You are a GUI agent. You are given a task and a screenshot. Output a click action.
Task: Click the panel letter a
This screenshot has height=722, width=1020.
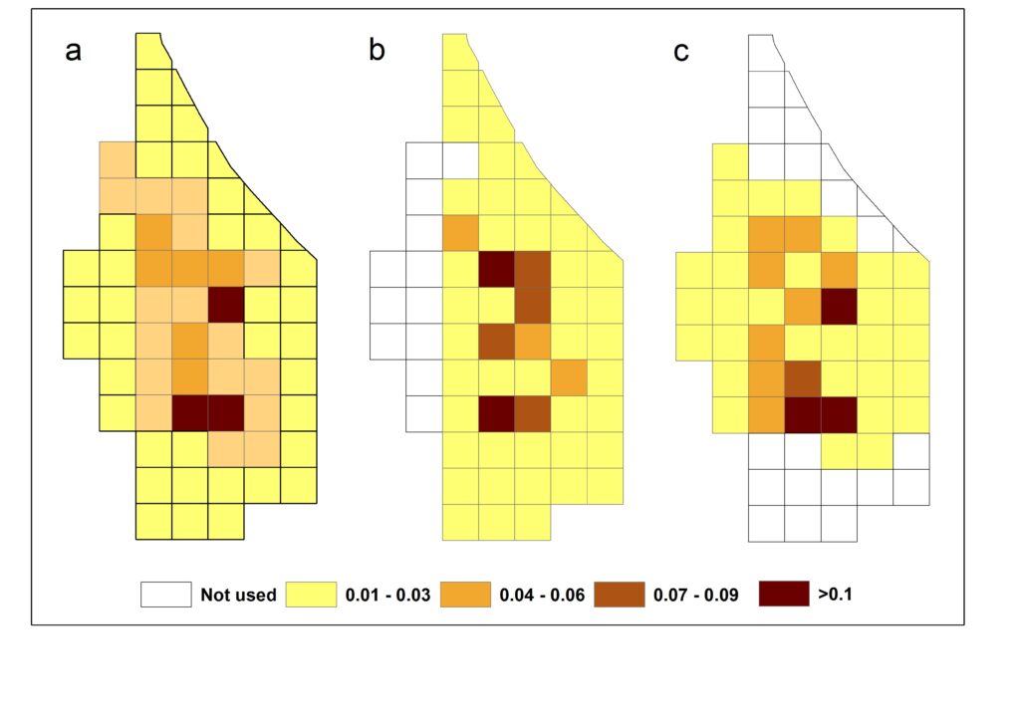click(73, 52)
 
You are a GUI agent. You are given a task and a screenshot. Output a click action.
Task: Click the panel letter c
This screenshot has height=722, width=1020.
click(681, 52)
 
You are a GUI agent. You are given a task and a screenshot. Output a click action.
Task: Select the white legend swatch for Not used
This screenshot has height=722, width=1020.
click(165, 595)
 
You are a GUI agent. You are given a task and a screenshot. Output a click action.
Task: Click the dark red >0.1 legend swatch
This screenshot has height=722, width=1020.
click(783, 595)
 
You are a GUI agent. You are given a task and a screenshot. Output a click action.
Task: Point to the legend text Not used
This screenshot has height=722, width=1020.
click(238, 596)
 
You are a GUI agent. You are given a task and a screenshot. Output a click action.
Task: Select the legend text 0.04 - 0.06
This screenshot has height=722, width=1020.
click(542, 596)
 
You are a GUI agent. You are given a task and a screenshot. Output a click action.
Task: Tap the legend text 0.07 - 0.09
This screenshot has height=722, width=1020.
click(696, 596)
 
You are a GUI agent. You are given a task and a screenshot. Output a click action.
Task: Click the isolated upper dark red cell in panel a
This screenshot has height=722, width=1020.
click(226, 305)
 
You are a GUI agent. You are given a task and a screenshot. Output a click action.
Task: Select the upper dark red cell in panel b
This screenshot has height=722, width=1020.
click(496, 270)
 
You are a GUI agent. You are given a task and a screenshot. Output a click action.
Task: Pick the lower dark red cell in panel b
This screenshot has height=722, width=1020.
click(496, 413)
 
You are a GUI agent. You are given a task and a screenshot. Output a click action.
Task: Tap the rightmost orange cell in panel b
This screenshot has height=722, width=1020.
click(568, 377)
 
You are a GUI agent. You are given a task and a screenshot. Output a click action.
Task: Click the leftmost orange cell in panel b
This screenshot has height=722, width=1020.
click(460, 233)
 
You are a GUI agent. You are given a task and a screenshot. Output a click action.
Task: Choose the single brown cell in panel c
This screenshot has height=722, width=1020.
click(803, 377)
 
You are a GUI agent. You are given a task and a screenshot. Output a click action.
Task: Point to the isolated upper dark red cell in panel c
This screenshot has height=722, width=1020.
click(839, 306)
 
